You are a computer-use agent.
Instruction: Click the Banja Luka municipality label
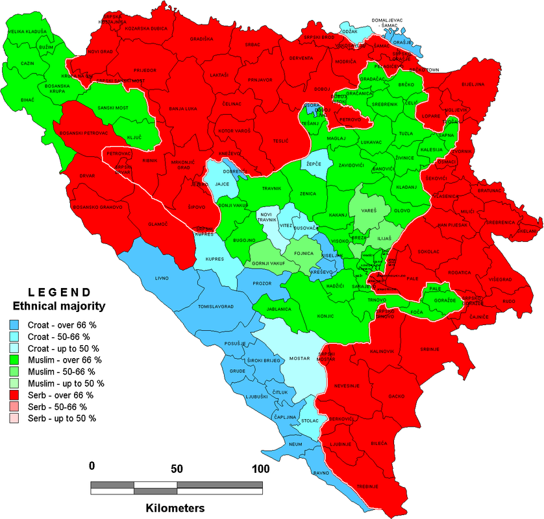click(x=181, y=108)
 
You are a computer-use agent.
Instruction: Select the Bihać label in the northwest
click(x=27, y=101)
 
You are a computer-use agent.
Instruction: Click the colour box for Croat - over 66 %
click(x=14, y=326)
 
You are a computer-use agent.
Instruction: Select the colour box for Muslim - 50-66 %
click(x=14, y=372)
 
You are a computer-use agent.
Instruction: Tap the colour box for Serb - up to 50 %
click(x=14, y=418)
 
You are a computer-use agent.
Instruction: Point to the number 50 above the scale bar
click(x=177, y=468)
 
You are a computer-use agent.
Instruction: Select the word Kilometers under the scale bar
click(x=175, y=507)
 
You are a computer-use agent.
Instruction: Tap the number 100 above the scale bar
click(x=260, y=468)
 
